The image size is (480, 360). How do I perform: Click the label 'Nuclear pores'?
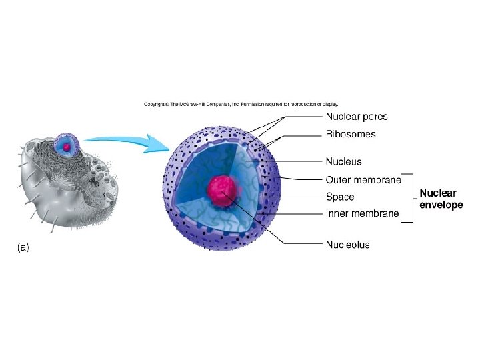click(356, 117)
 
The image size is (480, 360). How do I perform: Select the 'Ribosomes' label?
click(350, 135)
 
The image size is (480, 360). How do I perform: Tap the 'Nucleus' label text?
click(343, 161)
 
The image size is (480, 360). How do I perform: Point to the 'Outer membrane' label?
click(363, 180)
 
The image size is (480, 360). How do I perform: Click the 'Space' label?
click(339, 197)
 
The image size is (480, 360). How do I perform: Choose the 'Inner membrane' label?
click(362, 213)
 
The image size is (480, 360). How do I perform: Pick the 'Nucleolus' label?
click(347, 245)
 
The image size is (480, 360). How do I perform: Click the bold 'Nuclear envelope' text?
click(441, 199)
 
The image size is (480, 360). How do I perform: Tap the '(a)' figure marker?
click(23, 247)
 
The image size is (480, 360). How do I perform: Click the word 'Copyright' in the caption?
click(155, 104)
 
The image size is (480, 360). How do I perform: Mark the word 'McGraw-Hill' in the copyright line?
click(193, 104)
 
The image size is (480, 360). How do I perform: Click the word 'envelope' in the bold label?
click(441, 205)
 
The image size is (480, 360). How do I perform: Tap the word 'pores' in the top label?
click(374, 117)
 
